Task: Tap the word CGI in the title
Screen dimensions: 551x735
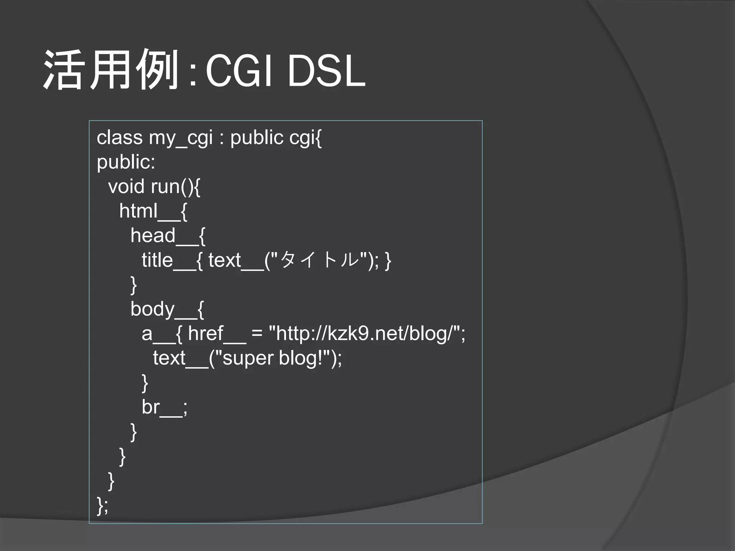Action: pyautogui.click(x=239, y=71)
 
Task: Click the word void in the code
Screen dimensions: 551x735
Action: pyautogui.click(x=126, y=186)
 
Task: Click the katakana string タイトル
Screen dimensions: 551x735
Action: pyautogui.click(x=320, y=260)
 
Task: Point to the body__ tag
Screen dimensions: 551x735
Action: pyautogui.click(x=163, y=309)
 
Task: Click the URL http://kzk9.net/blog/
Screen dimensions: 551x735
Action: pyautogui.click(x=364, y=334)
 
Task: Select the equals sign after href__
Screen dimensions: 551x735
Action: pyautogui.click(x=257, y=334)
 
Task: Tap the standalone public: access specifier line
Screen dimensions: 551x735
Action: pyautogui.click(x=126, y=162)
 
